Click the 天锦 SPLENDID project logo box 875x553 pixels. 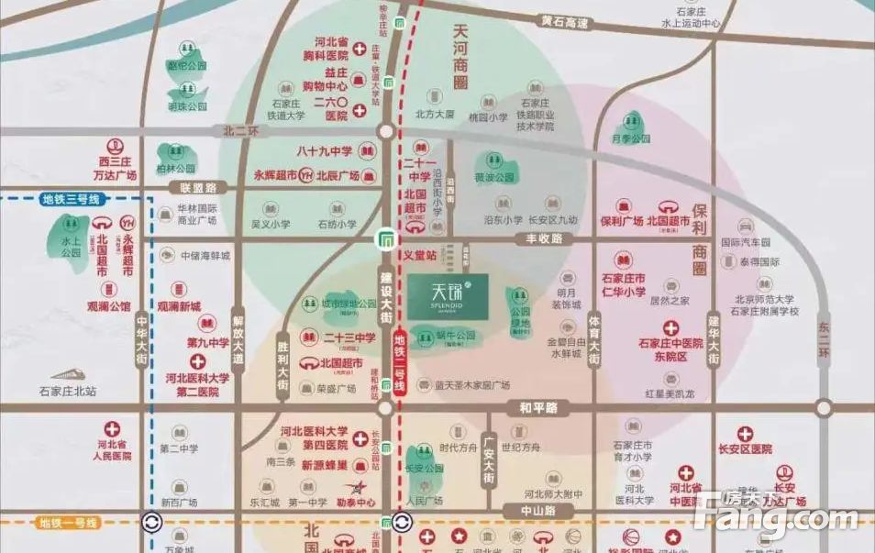coord(448,294)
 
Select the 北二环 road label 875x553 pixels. coord(241,131)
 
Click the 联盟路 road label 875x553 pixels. coord(198,187)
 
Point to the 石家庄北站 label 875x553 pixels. coord(68,391)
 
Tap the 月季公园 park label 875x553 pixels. coord(630,138)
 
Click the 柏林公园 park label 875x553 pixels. coord(176,169)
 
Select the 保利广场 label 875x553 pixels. coord(621,222)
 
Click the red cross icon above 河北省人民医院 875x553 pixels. coord(114,428)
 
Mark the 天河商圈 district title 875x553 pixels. coord(460,54)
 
